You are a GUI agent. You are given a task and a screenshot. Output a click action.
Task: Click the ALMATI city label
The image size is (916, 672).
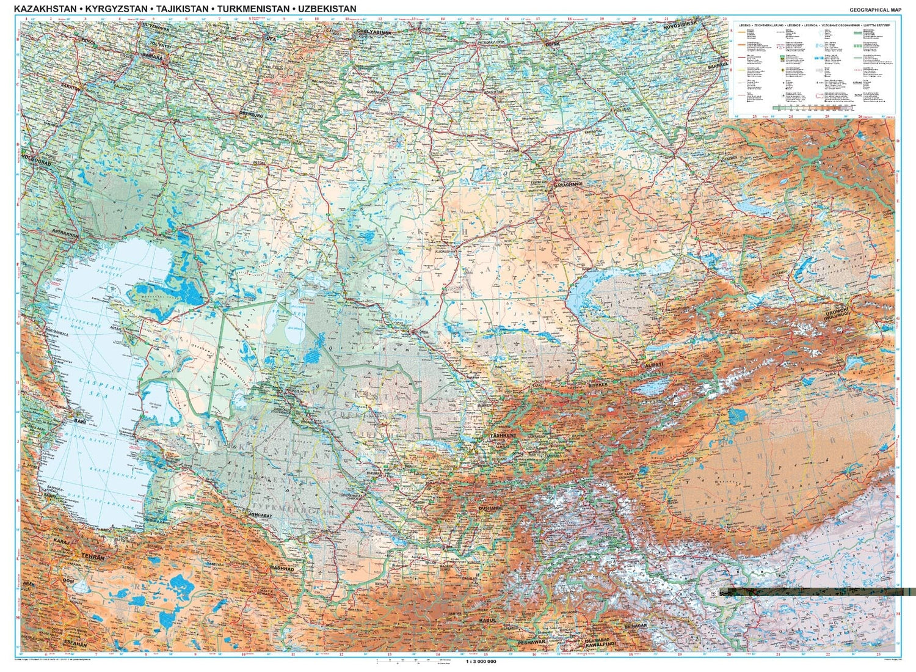653,365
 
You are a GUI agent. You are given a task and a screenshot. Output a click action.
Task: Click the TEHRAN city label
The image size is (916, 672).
95,557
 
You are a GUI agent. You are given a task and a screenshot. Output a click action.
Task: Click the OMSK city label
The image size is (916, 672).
551,43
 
